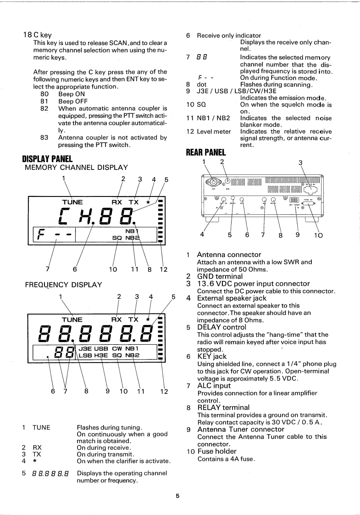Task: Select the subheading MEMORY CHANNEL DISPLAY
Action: click(76, 168)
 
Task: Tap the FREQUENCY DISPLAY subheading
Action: click(63, 284)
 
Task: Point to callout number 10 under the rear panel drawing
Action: click(318, 236)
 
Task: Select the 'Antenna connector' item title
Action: click(229, 254)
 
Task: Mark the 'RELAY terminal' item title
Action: click(223, 407)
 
